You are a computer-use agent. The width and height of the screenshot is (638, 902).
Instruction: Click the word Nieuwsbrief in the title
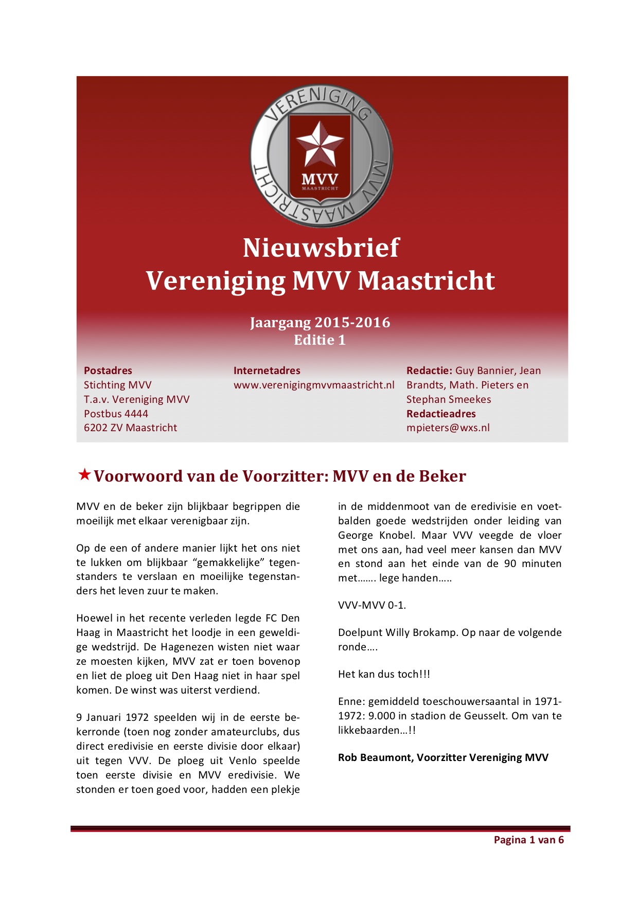click(x=321, y=248)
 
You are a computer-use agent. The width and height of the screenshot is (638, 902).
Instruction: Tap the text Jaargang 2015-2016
click(x=320, y=323)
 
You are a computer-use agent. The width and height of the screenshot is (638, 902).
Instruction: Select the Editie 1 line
click(x=320, y=340)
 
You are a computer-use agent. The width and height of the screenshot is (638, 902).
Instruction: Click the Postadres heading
click(x=108, y=370)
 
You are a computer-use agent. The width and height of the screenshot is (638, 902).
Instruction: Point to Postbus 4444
click(x=116, y=414)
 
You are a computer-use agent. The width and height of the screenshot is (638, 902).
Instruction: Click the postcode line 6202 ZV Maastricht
click(x=130, y=428)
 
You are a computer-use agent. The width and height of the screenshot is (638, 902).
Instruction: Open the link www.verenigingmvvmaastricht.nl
click(x=314, y=385)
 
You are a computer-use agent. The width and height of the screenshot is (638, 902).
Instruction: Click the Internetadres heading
click(x=267, y=370)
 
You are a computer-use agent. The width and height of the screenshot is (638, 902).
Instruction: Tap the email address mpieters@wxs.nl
click(x=448, y=428)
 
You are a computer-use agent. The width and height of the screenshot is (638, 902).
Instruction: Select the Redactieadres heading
click(x=441, y=414)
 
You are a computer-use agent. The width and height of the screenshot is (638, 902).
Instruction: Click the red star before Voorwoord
click(x=84, y=474)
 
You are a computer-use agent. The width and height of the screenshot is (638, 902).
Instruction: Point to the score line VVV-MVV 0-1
click(x=372, y=605)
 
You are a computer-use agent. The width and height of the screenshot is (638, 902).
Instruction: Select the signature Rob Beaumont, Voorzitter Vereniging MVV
click(x=443, y=757)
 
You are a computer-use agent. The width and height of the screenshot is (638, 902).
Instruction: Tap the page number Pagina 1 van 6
click(x=528, y=840)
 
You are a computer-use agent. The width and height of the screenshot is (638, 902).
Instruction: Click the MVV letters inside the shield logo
click(x=320, y=179)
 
